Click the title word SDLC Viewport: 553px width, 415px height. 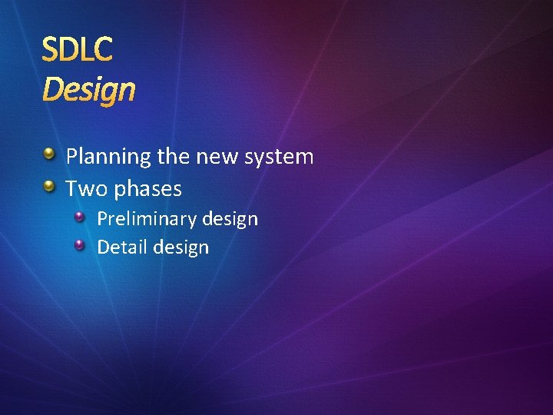77,50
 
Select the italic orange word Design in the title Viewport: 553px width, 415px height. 89,90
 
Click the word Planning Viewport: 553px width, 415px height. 108,158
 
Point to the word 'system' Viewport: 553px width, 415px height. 279,158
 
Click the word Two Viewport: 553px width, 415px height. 85,188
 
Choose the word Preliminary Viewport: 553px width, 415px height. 146,220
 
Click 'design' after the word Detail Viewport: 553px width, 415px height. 181,247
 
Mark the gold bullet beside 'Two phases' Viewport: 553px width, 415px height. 49,187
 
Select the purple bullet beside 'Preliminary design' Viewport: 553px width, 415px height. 80,217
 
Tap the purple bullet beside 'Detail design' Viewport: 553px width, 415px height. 80,245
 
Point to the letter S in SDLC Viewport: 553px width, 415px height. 50,50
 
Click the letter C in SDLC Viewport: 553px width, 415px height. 104,50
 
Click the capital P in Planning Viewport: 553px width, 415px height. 72,157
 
